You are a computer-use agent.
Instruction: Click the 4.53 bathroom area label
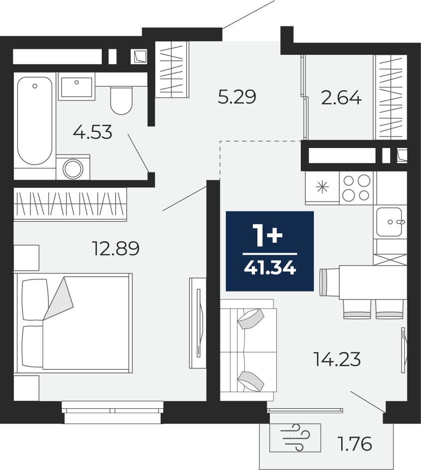point(92,132)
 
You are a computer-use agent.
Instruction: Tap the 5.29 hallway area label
point(237,97)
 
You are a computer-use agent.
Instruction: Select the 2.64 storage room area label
point(341,98)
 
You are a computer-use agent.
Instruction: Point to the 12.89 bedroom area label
point(116,249)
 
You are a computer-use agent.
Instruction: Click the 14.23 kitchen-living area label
point(337,359)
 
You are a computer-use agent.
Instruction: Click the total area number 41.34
point(270,268)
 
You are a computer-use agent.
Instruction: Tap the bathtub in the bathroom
point(35,121)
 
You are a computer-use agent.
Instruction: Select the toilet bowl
point(121,100)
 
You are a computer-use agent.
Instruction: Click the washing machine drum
point(73,169)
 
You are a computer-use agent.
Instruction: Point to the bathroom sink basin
point(77,87)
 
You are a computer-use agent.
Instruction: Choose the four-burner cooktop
point(357,188)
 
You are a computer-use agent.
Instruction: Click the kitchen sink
point(390,222)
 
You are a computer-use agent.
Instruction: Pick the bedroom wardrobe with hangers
point(70,204)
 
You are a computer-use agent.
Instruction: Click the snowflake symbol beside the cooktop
point(322,187)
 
